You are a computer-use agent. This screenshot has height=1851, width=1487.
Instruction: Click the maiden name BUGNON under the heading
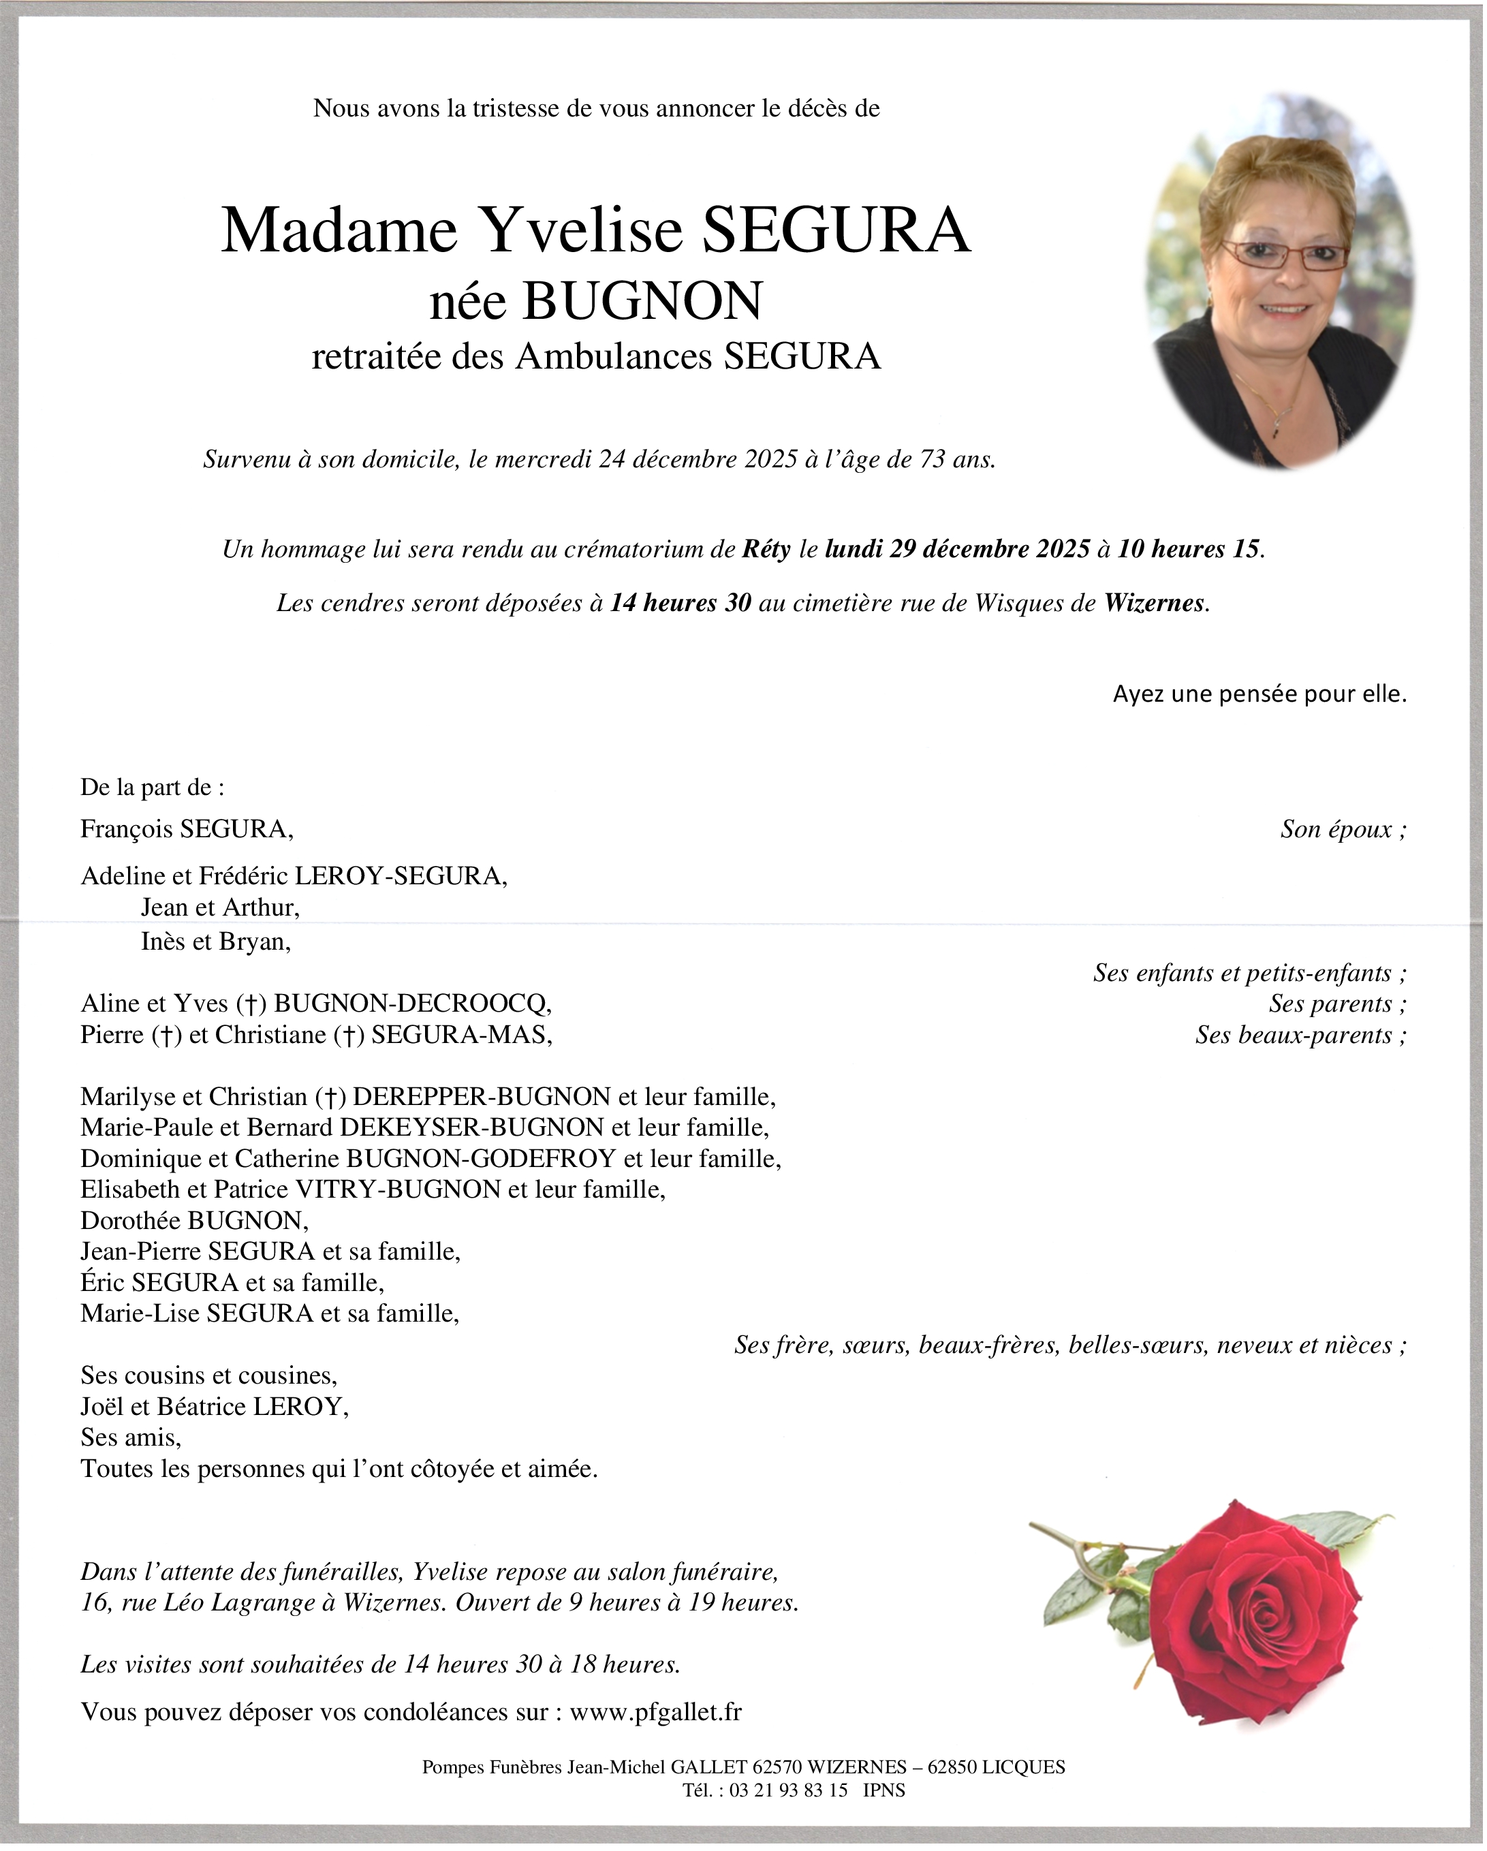click(642, 301)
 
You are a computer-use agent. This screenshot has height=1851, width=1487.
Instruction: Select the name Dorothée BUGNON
click(194, 1220)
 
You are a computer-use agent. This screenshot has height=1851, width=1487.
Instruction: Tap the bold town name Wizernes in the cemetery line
click(1154, 604)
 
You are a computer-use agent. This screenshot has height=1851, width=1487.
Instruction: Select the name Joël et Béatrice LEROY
click(215, 1407)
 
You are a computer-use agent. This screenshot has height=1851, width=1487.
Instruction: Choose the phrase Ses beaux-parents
click(1300, 1036)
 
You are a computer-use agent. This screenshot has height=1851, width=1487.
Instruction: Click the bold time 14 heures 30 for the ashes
click(680, 604)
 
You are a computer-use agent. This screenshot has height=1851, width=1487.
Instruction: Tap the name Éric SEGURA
click(159, 1283)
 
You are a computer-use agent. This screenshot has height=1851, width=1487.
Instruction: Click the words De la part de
click(152, 788)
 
